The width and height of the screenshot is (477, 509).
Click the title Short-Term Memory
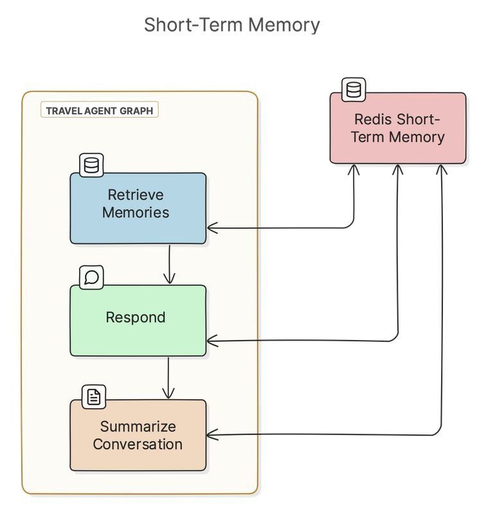point(231,24)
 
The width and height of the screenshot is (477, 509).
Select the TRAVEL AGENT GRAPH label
point(100,111)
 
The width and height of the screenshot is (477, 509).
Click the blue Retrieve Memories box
point(138,208)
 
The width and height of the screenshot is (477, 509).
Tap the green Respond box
point(138,320)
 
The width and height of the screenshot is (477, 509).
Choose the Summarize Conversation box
point(138,435)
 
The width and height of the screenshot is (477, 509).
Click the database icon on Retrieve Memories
point(91,165)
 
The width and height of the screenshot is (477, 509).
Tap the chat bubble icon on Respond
point(91,277)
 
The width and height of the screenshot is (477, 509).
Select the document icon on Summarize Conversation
point(94,397)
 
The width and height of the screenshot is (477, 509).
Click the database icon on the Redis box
point(353,90)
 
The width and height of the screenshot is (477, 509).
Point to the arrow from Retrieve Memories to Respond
point(169,264)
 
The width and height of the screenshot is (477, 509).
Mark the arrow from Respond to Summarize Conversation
point(168,378)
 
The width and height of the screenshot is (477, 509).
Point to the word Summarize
point(138,426)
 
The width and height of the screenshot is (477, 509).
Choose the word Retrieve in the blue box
point(136,195)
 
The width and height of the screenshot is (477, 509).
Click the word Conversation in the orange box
point(138,444)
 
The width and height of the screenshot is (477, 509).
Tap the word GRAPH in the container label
point(136,111)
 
